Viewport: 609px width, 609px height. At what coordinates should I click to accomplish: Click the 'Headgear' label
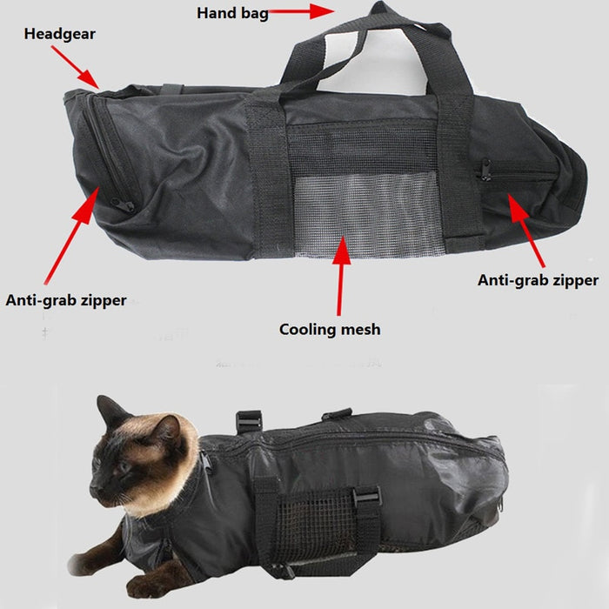tap(59, 34)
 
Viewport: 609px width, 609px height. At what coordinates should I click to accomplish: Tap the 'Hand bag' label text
tap(232, 13)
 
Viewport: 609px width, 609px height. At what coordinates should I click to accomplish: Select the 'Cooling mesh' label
tap(329, 330)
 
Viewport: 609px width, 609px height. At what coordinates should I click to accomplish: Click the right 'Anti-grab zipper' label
tap(538, 280)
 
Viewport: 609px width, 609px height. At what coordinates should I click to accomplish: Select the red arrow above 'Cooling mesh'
tap(340, 275)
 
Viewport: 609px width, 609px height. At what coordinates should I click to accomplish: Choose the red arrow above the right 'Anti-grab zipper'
tap(528, 230)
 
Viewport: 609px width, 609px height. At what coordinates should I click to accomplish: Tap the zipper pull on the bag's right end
tap(484, 171)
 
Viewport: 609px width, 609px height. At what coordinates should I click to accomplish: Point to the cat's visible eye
tap(123, 467)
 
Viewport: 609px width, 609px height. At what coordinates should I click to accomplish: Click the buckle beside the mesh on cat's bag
tap(366, 497)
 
